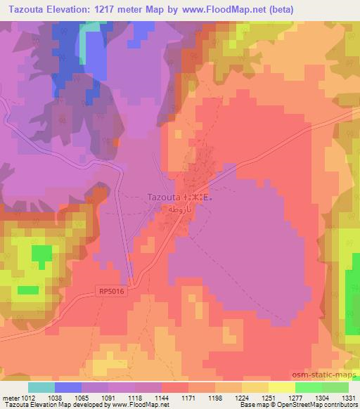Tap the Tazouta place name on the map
coord(165,198)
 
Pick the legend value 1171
coord(188,398)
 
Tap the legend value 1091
coord(108,398)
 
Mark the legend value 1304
coord(321,398)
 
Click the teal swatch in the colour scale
coord(41,387)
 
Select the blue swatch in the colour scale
coord(68,387)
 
